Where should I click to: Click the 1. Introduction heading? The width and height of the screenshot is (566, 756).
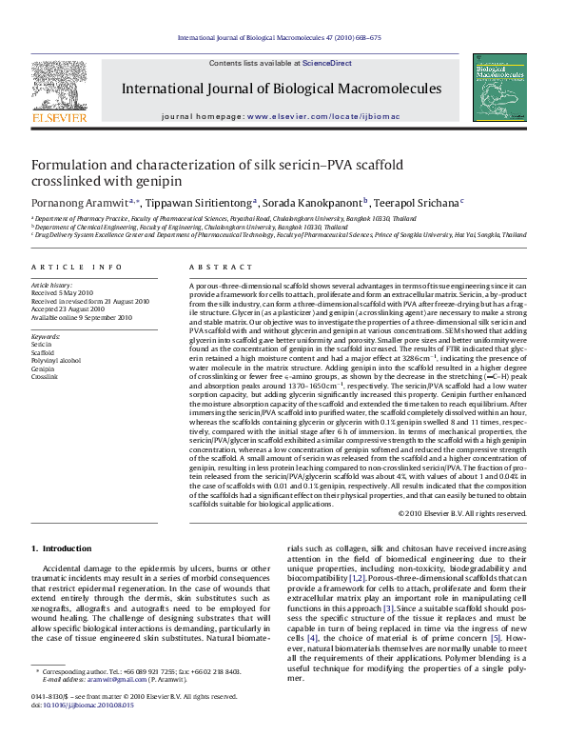[62, 548]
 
